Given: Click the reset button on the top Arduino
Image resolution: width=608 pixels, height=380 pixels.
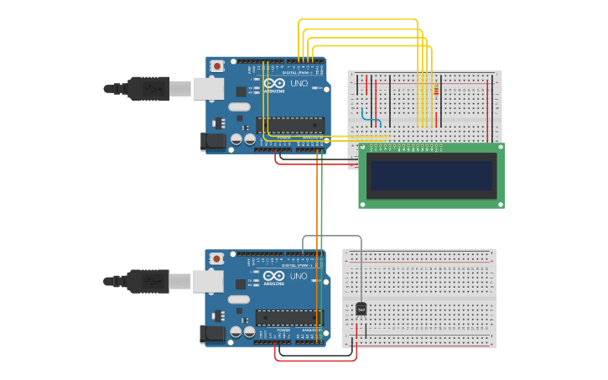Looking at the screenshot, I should (x=217, y=65).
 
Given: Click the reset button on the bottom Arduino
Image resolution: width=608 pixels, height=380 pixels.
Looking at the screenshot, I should (x=217, y=258).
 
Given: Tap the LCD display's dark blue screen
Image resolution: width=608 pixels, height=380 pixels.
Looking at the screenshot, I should (x=431, y=175).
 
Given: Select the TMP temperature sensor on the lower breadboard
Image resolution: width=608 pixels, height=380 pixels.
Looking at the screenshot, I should (x=361, y=309).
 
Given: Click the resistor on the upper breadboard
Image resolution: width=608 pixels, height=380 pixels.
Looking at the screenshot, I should (x=435, y=91).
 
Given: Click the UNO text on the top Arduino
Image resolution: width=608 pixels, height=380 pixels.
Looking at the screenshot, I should (x=299, y=83).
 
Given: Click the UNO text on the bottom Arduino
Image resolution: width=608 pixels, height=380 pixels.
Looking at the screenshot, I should (x=299, y=276).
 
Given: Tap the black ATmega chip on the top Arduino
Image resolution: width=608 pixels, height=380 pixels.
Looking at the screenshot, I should (x=290, y=125).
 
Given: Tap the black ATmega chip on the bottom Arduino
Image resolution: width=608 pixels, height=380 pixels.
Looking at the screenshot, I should (x=290, y=318).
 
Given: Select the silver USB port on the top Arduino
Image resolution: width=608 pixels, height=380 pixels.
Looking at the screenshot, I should (x=208, y=88).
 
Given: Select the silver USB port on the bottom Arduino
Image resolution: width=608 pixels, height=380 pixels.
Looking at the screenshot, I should (x=208, y=281).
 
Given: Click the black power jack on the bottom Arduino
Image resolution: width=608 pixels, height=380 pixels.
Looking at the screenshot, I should (x=213, y=335).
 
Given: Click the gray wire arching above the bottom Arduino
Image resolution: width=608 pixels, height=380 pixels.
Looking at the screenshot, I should (x=332, y=237).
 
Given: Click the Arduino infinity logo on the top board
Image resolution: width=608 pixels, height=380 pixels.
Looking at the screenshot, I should (x=274, y=83).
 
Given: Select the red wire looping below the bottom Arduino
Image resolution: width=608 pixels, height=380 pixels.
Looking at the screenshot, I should (x=315, y=361).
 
